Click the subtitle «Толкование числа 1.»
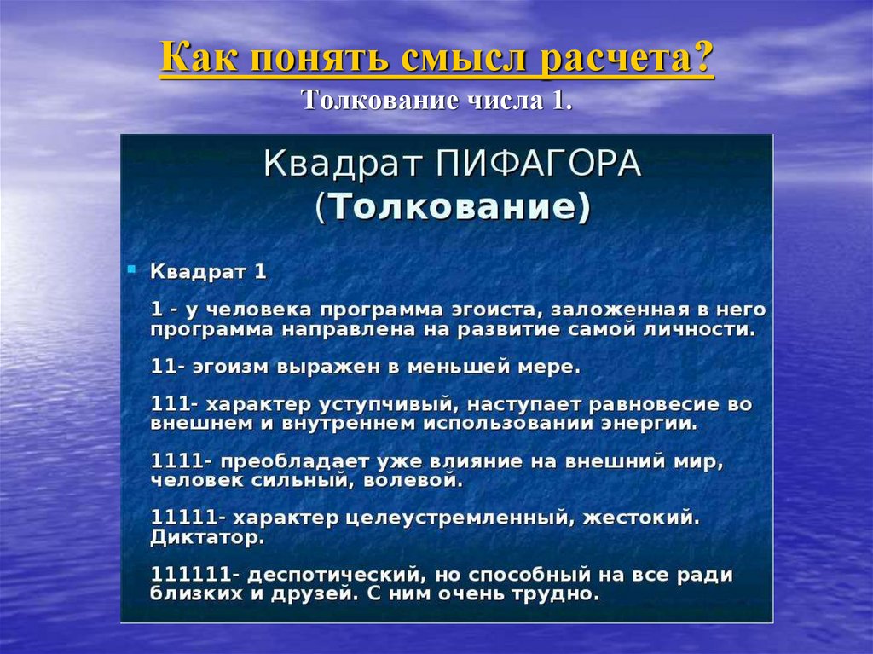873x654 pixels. pos(436,101)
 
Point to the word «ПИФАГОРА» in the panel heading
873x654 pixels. pos(541,164)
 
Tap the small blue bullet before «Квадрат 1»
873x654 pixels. pos(132,269)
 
